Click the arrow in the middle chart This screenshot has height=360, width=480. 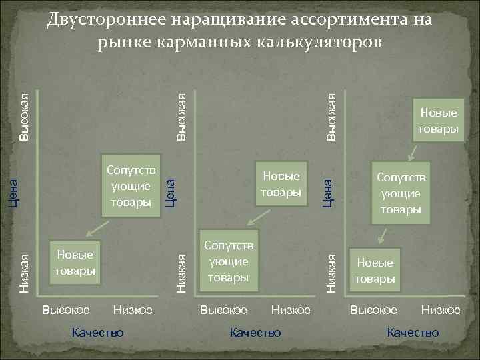[x=253, y=215]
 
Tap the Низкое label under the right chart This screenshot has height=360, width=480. [x=441, y=310]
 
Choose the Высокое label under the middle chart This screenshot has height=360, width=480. [x=224, y=310]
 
